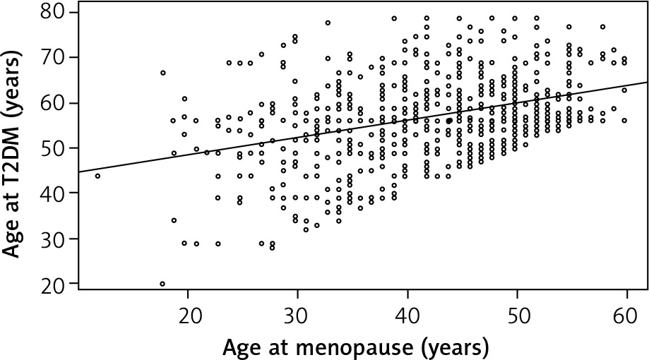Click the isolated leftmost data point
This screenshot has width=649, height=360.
(x=98, y=176)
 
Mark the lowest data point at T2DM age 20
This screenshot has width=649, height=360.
(x=162, y=284)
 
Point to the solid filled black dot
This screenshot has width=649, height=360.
(x=448, y=121)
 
